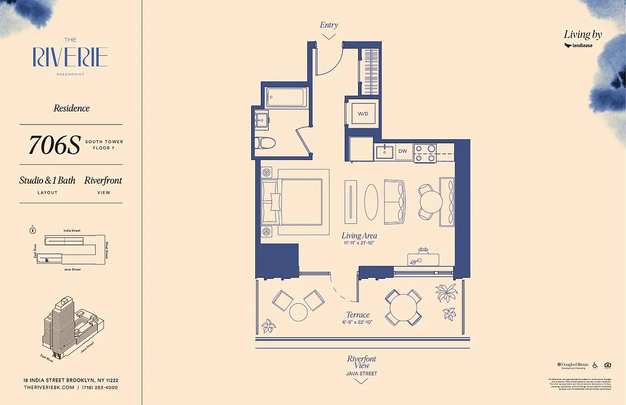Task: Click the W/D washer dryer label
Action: point(363,114)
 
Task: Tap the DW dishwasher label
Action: point(403,151)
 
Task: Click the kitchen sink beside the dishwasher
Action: point(385,151)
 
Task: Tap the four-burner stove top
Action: point(425,153)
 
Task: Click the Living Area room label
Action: point(359,235)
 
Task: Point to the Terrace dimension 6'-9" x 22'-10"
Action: point(358,322)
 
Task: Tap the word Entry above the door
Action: point(329,25)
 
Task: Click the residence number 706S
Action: point(55,145)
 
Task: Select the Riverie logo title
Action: point(70,57)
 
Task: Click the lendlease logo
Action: point(578,46)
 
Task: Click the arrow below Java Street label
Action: point(361,381)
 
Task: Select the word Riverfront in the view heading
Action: point(103,180)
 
